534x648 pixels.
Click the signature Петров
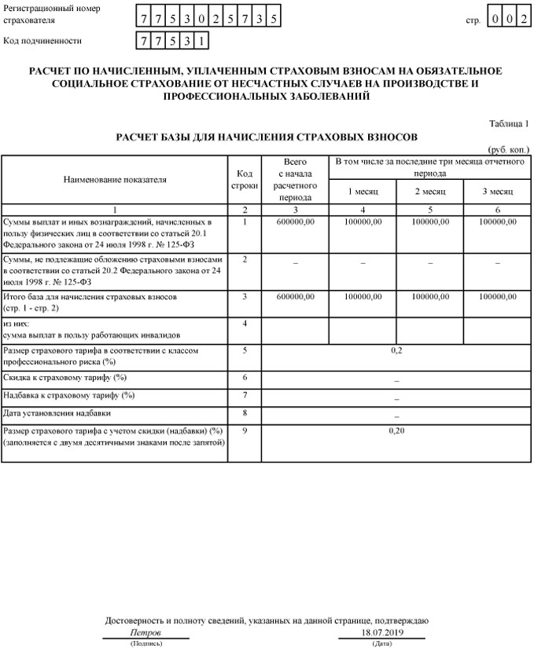(145, 632)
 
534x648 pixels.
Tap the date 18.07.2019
(381, 632)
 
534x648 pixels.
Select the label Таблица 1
(510, 124)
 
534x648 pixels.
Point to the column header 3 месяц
(498, 192)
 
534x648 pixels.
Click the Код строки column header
(245, 179)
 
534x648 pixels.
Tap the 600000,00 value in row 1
(296, 222)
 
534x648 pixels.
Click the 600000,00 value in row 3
(296, 298)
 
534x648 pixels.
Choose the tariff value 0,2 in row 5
(396, 350)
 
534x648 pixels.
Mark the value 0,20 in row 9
(396, 431)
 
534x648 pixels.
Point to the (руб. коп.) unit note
(509, 149)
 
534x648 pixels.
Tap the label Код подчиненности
(42, 40)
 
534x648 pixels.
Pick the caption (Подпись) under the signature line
(146, 643)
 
